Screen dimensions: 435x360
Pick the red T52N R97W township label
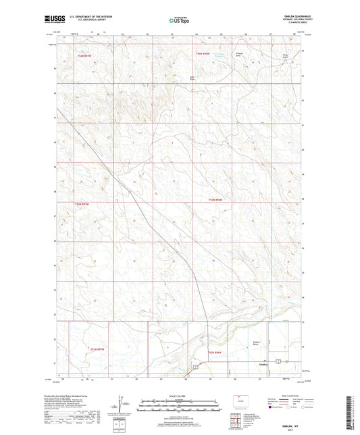coord(98,349)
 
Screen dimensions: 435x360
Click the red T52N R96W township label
coord(215,353)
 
